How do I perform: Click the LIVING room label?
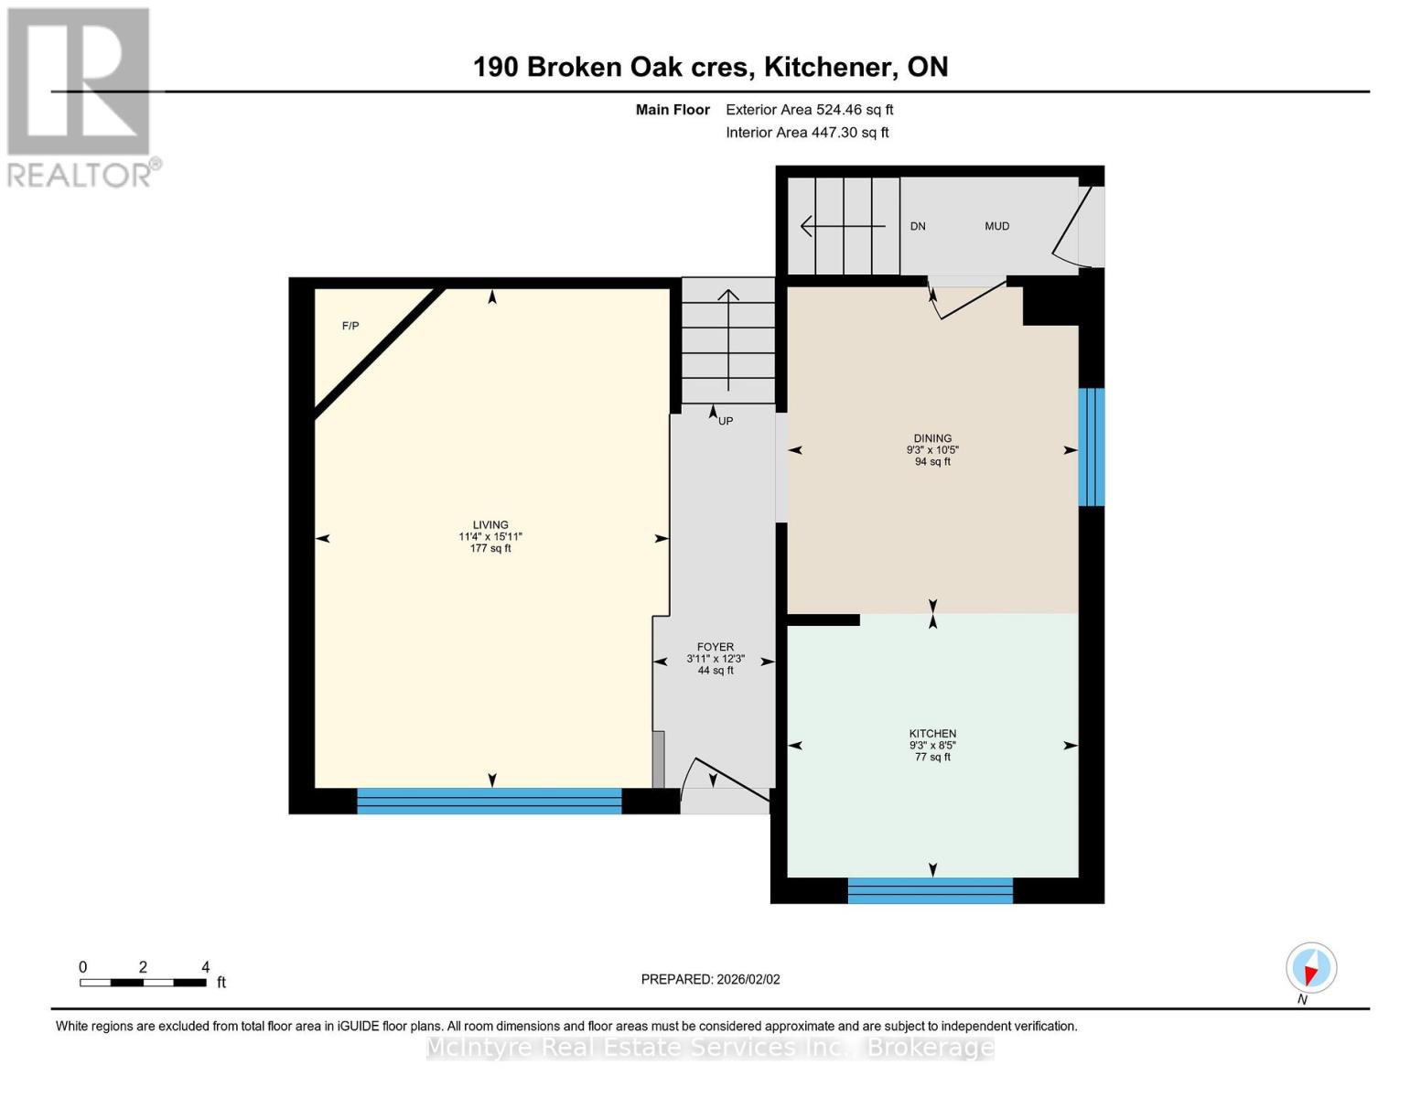490,524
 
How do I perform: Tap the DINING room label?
932,438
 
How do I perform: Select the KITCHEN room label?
932,734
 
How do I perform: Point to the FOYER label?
716,647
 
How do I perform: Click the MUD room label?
996,226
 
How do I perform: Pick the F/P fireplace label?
350,326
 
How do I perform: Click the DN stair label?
918,226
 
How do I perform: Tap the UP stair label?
726,421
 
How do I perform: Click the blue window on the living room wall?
490,801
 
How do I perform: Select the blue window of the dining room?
1091,447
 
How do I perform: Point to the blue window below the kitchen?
930,890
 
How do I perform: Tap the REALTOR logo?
80,98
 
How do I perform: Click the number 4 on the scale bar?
206,967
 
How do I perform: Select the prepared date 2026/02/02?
748,979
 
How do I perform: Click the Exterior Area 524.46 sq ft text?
810,110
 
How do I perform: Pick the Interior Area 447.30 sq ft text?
808,133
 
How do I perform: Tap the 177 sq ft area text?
490,548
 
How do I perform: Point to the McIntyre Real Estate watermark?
710,1048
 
